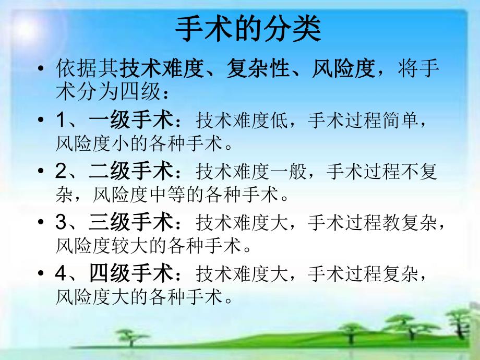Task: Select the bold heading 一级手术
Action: coord(130,121)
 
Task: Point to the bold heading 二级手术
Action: coord(130,172)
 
